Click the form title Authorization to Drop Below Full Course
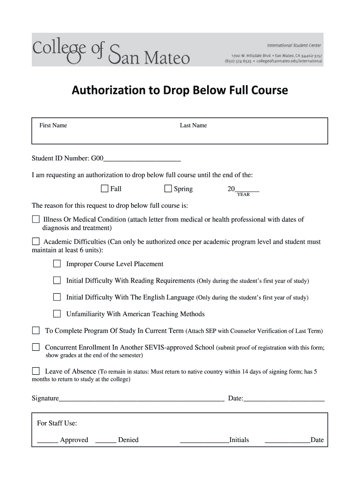[x=180, y=90]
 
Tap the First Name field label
[x=53, y=125]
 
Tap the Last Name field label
[x=193, y=125]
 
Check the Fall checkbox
[x=104, y=189]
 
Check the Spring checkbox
[x=168, y=189]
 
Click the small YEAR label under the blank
[x=243, y=195]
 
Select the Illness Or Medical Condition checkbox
[x=36, y=219]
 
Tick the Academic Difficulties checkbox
[x=36, y=242]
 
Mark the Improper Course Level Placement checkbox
[x=57, y=264]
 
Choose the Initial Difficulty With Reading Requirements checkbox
[x=57, y=281]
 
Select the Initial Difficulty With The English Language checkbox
[x=57, y=297]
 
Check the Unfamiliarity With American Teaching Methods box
[x=57, y=314]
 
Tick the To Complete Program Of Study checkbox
[x=36, y=331]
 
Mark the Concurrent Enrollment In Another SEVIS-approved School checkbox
[x=36, y=347]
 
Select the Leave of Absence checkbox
[x=36, y=371]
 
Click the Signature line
[x=141, y=399]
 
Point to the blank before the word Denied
[x=105, y=441]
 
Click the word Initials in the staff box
[x=239, y=440]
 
